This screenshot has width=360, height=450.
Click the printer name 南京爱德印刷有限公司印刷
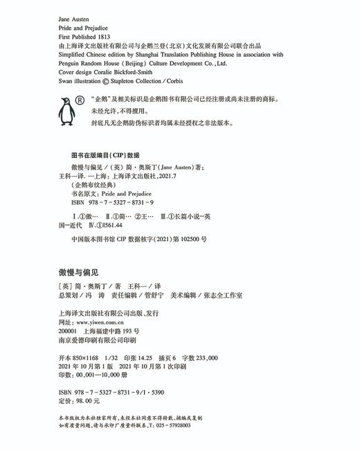(x=97, y=340)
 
